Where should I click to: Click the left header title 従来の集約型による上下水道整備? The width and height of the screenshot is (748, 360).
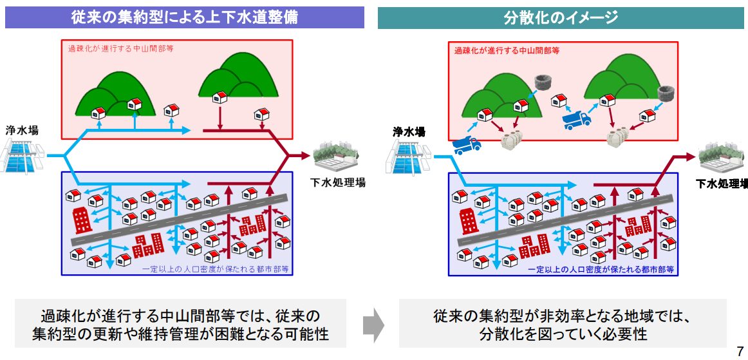point(185,17)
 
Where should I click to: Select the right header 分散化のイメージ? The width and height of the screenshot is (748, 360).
point(561,17)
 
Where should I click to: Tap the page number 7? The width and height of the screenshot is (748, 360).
point(740,351)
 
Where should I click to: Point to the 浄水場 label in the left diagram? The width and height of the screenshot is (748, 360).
point(23,130)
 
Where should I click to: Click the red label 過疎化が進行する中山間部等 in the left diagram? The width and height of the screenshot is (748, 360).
point(121,48)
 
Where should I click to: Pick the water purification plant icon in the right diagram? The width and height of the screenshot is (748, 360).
point(411,157)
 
